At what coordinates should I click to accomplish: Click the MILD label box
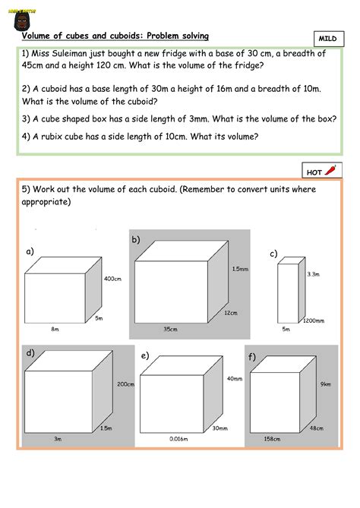(327, 38)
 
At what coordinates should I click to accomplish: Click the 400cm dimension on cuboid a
(112, 279)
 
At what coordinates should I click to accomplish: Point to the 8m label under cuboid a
(55, 329)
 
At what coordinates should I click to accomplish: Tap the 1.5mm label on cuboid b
(240, 270)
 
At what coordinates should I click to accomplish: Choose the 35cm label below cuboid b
(170, 329)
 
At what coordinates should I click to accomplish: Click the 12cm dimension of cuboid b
(231, 313)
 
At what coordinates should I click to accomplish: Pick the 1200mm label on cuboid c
(314, 321)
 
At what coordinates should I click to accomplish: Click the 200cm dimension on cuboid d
(125, 384)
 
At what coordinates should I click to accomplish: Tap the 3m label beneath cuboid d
(57, 439)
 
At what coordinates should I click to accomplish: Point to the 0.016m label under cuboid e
(179, 439)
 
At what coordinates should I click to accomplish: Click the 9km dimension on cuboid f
(326, 384)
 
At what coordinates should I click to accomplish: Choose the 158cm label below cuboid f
(272, 439)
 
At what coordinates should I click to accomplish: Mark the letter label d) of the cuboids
(30, 353)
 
